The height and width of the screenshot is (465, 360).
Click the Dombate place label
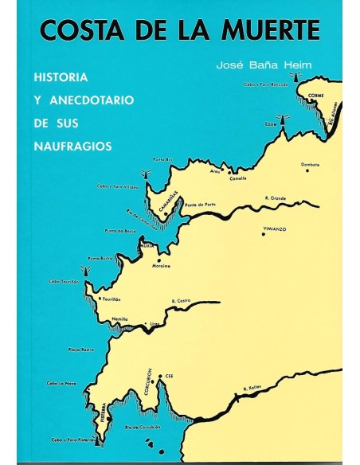[311, 165]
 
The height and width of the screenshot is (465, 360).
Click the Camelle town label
[238, 178]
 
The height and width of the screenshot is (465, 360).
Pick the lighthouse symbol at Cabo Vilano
[145, 174]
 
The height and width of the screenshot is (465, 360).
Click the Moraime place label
[162, 267]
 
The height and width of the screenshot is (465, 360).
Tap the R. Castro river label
[180, 300]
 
